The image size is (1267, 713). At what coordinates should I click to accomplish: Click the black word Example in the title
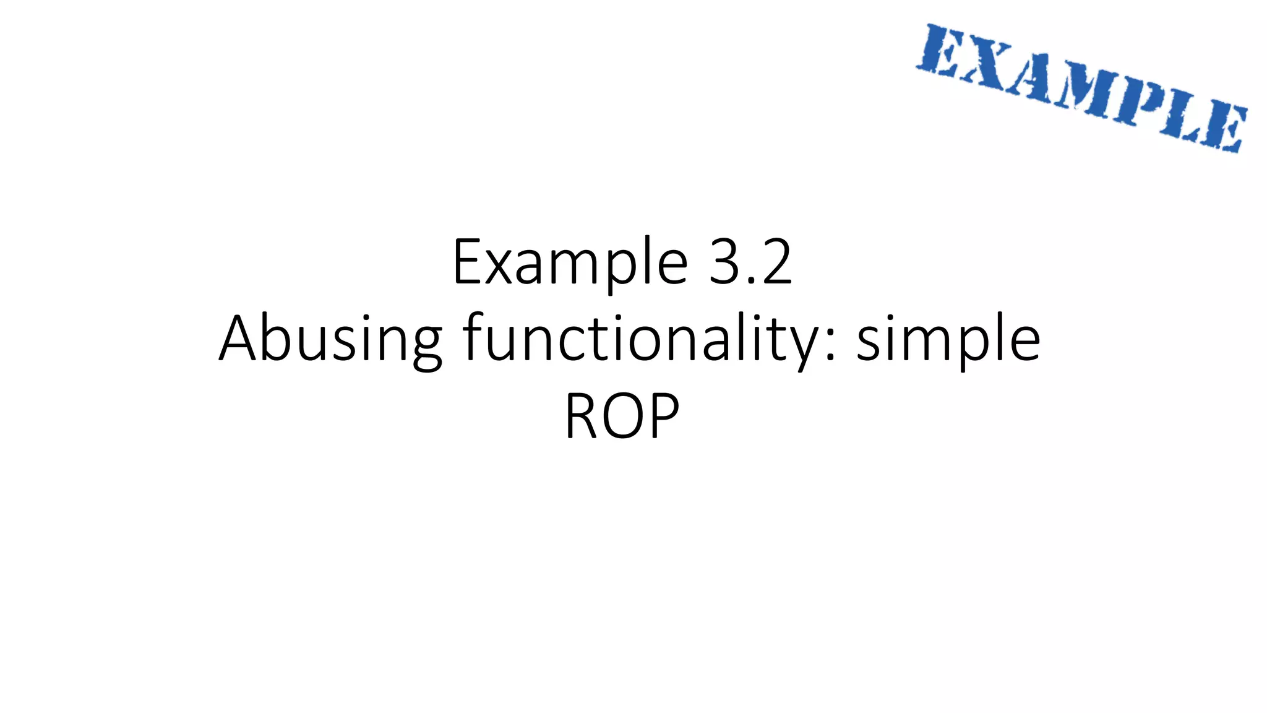click(570, 263)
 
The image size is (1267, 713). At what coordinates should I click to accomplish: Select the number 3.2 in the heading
click(750, 263)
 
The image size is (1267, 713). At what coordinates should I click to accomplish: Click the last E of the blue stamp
click(1222, 130)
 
